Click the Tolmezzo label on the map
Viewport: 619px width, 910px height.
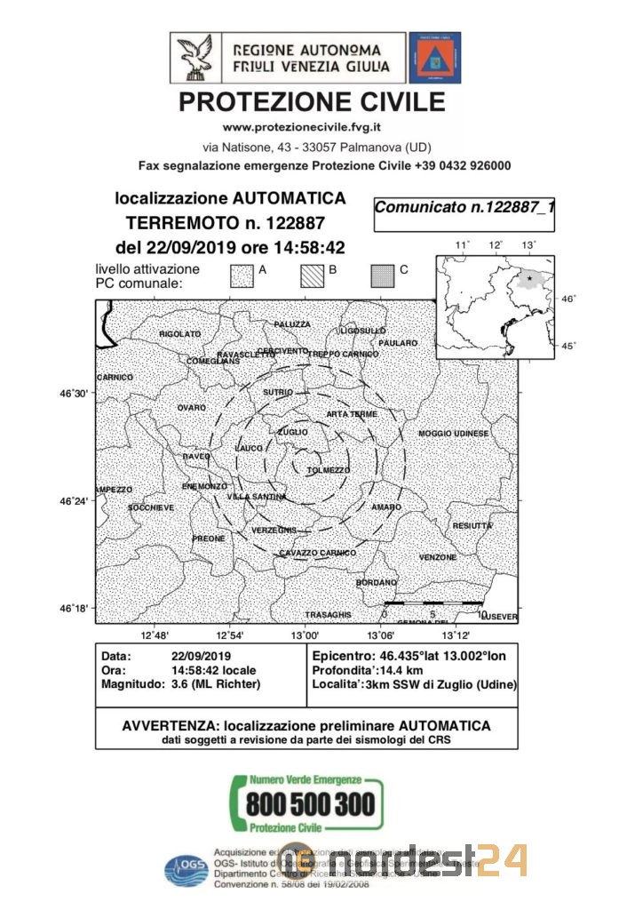pos(329,470)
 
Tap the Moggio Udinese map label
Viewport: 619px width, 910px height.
pos(454,433)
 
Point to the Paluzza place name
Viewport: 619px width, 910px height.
pos(292,324)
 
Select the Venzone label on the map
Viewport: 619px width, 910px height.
pos(438,557)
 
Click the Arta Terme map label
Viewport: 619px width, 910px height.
pos(352,414)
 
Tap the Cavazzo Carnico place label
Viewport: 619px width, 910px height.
pos(317,553)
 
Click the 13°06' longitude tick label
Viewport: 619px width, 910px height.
pos(381,635)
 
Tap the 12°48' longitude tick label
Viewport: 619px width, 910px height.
pos(155,635)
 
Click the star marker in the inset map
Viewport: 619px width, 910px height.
pos(530,278)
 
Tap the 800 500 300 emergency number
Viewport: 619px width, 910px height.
pos(310,805)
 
